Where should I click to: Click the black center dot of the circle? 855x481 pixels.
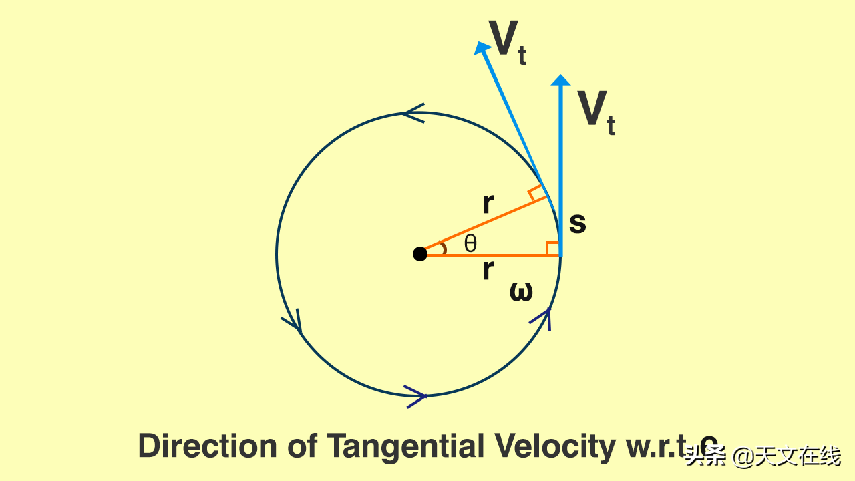tap(419, 254)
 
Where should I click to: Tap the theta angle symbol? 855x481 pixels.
tap(471, 244)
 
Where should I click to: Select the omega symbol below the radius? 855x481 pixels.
tap(521, 292)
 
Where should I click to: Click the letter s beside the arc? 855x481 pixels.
tap(577, 223)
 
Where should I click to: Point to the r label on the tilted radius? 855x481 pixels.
tap(488, 204)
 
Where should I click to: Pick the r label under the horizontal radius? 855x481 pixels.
tap(488, 271)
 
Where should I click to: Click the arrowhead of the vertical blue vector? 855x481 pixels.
tap(561, 80)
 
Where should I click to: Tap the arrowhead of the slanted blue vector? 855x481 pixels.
tap(480, 48)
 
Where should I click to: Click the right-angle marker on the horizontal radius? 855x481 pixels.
tap(553, 248)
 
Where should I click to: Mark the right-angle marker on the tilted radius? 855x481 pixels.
tap(537, 194)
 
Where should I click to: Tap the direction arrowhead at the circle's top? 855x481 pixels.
tap(412, 113)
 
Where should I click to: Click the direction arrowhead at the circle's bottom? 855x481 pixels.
tap(416, 396)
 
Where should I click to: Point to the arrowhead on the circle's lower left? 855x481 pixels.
tap(294, 323)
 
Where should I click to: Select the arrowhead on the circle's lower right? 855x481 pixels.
tap(543, 318)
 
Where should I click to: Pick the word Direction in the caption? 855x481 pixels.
tap(206, 446)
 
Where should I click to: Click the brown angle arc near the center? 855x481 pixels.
tap(443, 248)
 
